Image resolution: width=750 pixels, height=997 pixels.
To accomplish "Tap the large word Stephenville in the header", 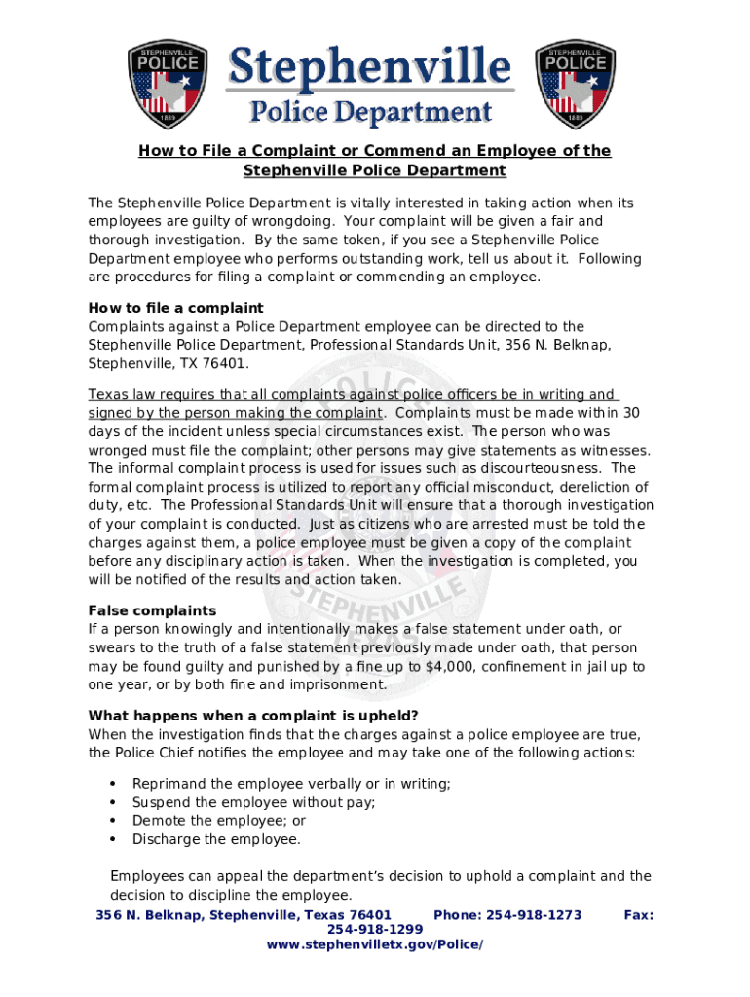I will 369,68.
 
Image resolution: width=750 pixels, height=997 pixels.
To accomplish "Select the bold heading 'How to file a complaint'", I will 175,308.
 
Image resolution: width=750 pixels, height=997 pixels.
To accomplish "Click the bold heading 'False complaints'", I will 152,610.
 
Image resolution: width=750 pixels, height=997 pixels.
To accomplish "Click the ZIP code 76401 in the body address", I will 225,363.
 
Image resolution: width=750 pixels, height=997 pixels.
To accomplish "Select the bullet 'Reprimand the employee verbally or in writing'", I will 291,784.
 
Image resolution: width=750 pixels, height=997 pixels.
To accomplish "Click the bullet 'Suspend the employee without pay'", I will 253,802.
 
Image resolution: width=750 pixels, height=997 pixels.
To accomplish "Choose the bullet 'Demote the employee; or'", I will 218,821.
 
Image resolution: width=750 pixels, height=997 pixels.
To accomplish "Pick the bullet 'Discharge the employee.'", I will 216,839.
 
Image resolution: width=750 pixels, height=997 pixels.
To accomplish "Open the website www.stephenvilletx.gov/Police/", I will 374,945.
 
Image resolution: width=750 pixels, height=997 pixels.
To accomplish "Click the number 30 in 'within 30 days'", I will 631,413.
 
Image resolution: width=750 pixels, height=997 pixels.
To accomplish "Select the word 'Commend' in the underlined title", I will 377,151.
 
